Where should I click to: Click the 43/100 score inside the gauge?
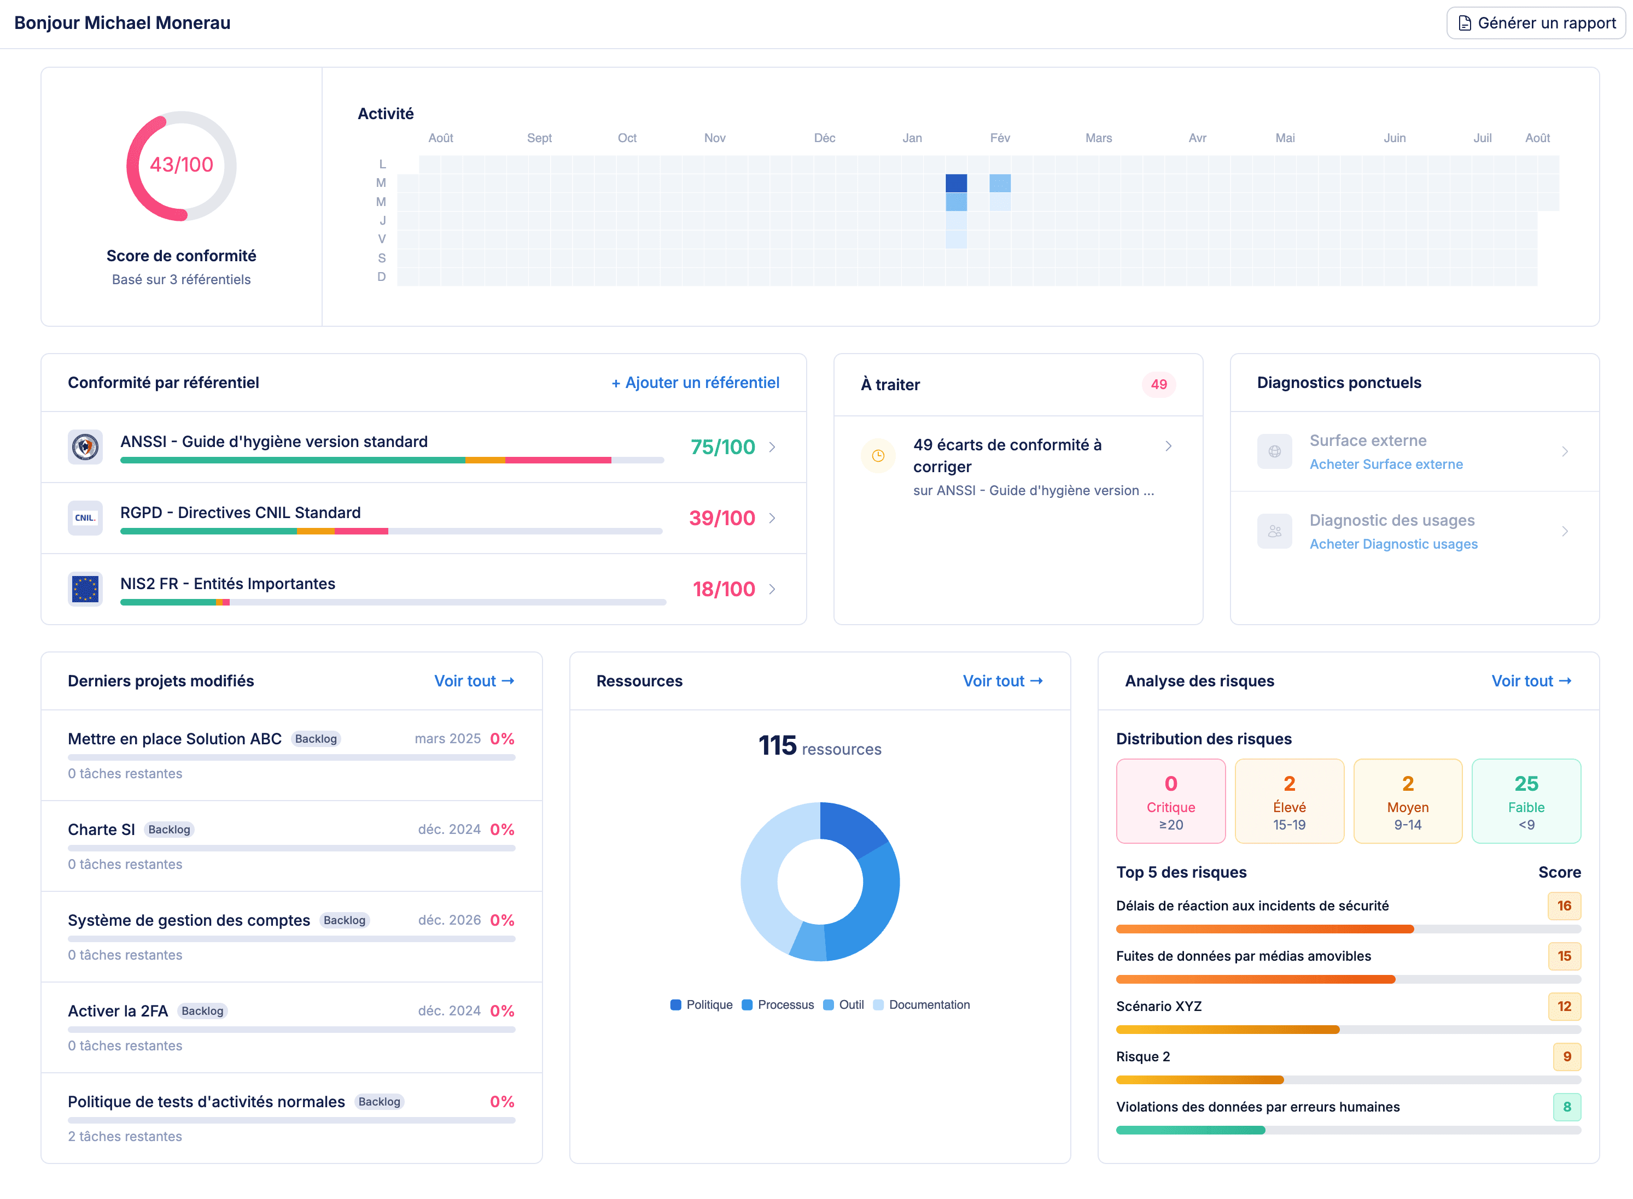pos(182,164)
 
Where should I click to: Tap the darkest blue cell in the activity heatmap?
pos(955,183)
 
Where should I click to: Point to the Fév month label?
pos(999,138)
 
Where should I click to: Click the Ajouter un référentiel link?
pos(695,383)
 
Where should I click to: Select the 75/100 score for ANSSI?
pos(722,447)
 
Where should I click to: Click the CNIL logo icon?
pos(85,518)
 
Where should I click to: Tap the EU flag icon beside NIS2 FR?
pos(85,589)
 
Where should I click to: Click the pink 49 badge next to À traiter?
pos(1158,385)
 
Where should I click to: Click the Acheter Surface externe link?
pos(1385,465)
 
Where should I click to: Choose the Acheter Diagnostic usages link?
pos(1393,544)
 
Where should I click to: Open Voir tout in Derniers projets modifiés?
pos(474,681)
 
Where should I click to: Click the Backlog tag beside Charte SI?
pos(169,830)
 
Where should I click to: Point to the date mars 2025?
pos(447,739)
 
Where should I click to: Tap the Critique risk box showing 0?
pos(1170,801)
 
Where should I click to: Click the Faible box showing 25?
pos(1526,801)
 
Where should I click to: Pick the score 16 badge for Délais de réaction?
pos(1564,906)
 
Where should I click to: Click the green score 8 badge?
pos(1566,1107)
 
